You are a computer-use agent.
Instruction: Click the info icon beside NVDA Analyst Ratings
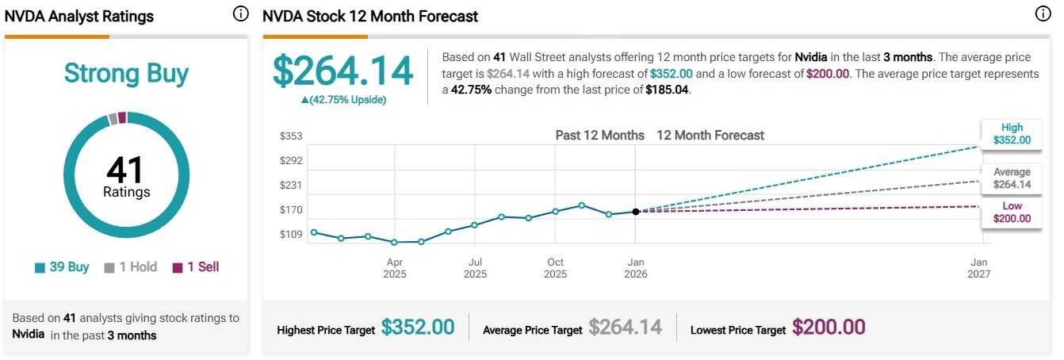(x=241, y=14)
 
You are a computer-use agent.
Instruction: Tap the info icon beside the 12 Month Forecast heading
(x=1043, y=14)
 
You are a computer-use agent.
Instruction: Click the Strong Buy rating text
(x=126, y=74)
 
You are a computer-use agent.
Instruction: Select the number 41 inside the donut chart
(x=126, y=170)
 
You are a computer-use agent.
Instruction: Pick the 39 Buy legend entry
(x=62, y=267)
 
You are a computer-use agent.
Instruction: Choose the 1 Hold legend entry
(x=131, y=267)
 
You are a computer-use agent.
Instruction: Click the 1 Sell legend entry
(x=195, y=267)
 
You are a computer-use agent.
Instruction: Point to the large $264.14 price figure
(x=343, y=71)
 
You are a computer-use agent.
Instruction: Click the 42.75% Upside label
(x=343, y=100)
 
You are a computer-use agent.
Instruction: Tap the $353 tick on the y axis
(x=291, y=136)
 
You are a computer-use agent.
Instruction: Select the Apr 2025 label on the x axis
(x=395, y=268)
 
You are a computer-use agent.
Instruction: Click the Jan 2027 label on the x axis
(x=979, y=268)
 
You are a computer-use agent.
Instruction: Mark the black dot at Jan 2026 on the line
(x=636, y=212)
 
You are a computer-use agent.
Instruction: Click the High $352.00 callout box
(x=1012, y=133)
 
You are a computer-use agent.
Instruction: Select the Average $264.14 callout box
(x=1012, y=178)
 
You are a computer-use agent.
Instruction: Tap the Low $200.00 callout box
(x=1012, y=213)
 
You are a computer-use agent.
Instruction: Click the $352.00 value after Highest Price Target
(x=418, y=327)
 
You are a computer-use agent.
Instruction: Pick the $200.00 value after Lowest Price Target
(x=829, y=327)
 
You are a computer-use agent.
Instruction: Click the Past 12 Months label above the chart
(x=599, y=136)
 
